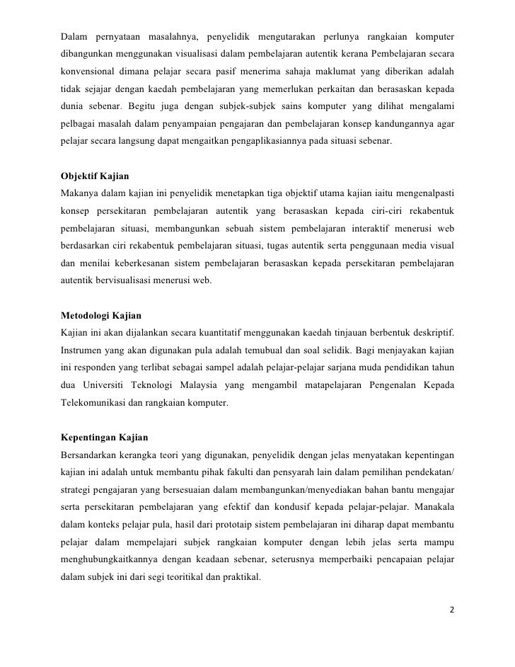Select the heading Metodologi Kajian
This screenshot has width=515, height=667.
103,315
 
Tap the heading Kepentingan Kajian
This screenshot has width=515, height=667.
103,436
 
